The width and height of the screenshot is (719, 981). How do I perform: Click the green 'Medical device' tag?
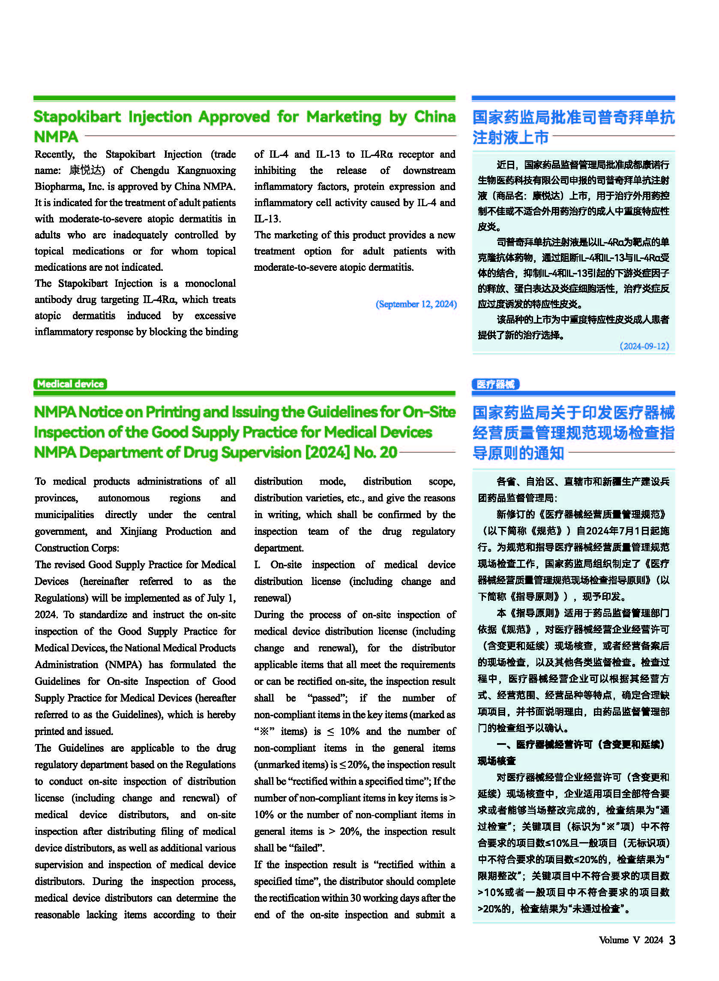click(70, 384)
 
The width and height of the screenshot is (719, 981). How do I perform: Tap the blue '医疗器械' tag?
click(495, 384)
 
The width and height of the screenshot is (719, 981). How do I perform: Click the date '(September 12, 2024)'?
click(416, 304)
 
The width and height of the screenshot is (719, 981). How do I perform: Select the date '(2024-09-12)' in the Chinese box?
click(644, 346)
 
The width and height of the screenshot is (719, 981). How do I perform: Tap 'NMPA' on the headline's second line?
click(56, 137)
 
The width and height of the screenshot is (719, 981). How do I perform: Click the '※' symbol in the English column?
click(264, 731)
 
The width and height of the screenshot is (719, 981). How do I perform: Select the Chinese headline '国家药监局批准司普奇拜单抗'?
click(573, 117)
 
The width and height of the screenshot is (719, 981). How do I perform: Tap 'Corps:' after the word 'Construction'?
click(105, 548)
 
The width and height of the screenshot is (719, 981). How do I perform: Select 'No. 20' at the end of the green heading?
click(375, 453)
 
